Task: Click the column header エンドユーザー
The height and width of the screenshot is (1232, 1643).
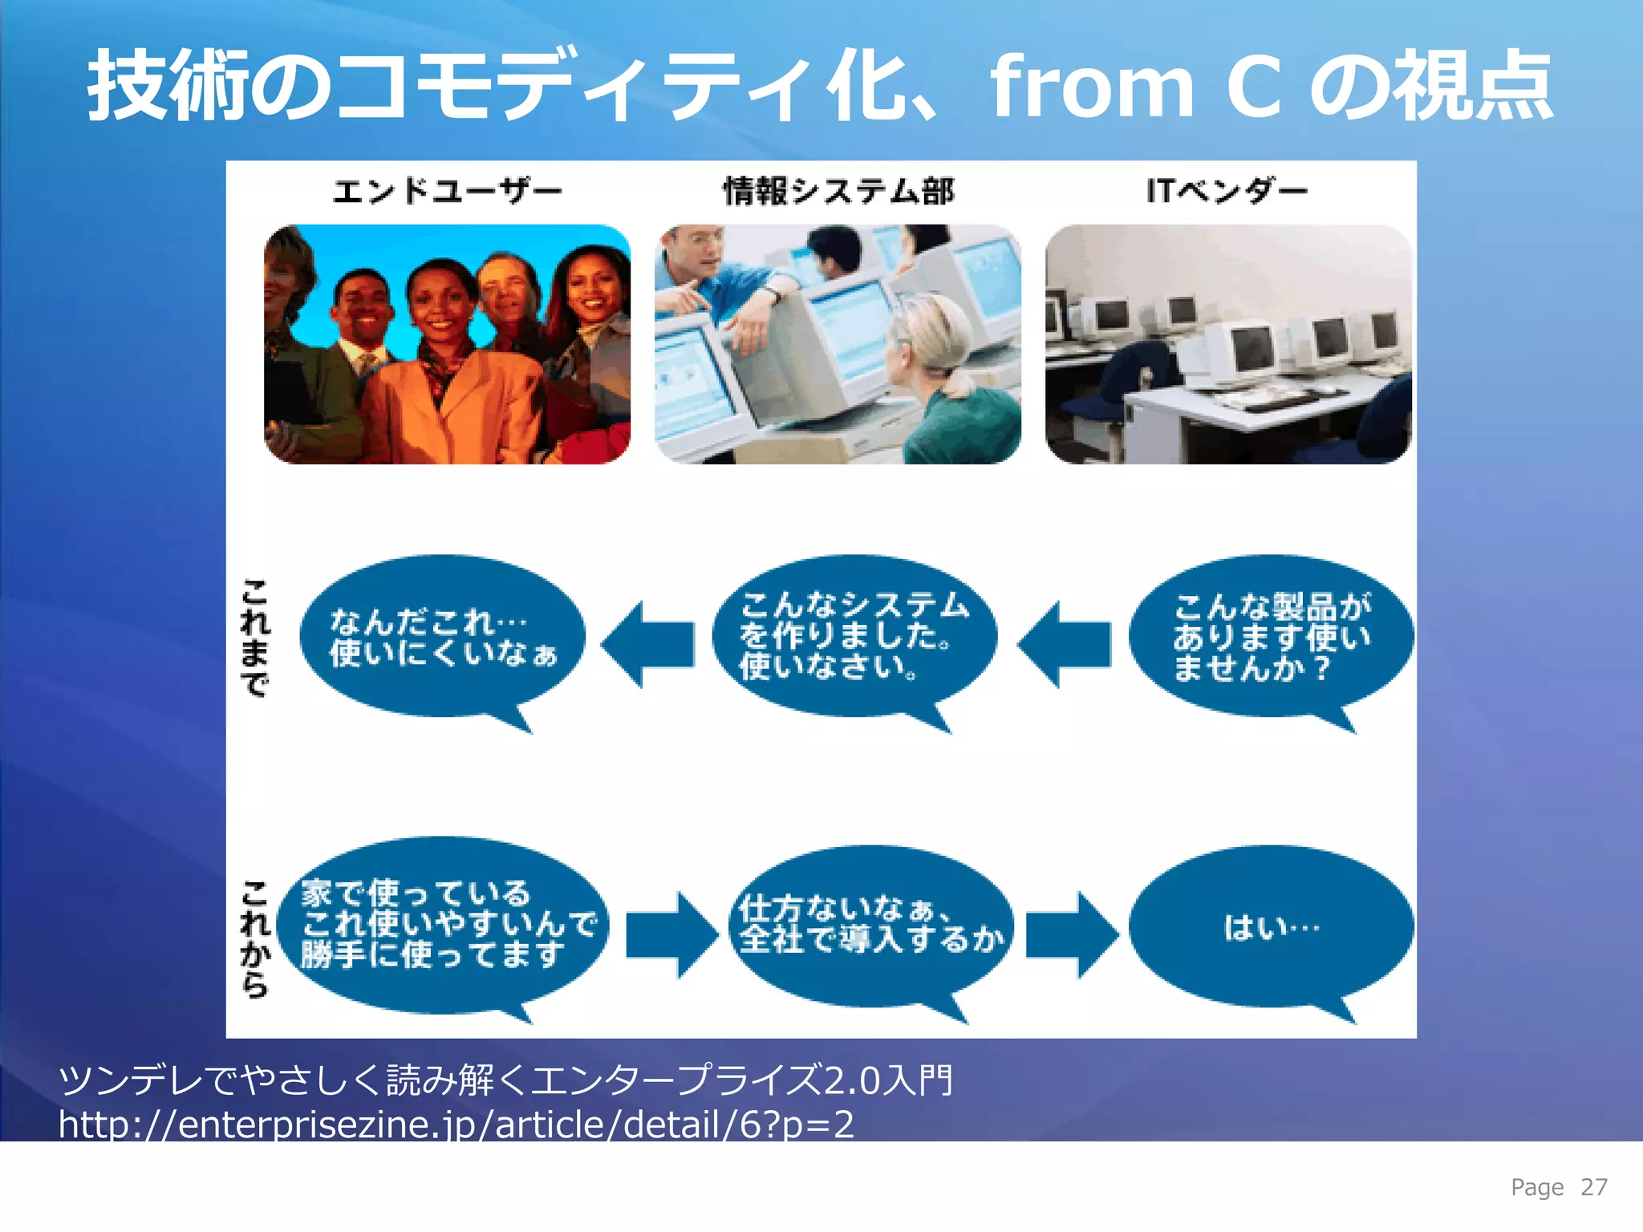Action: coord(447,191)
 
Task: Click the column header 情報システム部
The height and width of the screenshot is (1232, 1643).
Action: coord(838,191)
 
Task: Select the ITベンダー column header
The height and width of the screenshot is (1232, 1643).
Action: coord(1227,191)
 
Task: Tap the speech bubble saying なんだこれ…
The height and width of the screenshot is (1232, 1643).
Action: coord(442,637)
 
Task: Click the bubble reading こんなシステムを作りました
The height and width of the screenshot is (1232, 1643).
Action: coord(854,635)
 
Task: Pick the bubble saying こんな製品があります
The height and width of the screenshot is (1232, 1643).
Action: coord(1271,637)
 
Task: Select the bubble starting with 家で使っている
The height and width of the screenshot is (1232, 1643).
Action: coord(446,924)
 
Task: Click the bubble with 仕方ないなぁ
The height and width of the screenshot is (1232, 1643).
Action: coord(871,924)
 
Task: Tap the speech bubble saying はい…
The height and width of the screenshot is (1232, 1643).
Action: coord(1271,927)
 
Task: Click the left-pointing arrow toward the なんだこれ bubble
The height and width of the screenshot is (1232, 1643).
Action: coord(648,644)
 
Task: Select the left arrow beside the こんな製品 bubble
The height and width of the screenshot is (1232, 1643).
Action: coord(1065,644)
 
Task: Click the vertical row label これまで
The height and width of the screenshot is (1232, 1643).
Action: coord(254,638)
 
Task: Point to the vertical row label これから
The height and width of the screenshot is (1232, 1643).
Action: coord(254,938)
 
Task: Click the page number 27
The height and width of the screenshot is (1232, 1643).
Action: coord(1593,1187)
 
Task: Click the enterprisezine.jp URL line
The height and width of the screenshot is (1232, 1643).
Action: coord(456,1125)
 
